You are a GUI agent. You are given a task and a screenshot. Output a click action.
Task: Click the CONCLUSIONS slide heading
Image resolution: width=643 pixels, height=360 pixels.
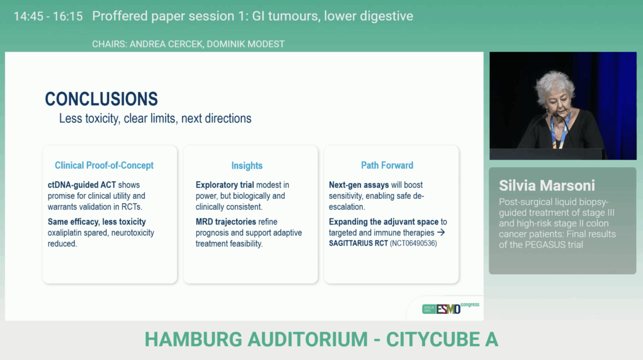101,99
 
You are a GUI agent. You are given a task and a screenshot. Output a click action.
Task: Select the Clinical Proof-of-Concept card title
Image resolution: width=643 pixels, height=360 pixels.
104,165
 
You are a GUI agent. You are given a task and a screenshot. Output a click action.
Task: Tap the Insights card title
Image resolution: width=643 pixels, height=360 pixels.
247,165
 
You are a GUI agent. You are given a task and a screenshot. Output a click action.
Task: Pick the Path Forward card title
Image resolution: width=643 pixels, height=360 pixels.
387,165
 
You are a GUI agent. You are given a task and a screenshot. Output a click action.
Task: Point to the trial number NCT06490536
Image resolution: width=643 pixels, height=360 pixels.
414,244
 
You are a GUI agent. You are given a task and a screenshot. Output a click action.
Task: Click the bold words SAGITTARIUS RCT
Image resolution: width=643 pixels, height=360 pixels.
358,244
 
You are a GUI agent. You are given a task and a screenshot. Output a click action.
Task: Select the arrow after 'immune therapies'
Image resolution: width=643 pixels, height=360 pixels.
441,233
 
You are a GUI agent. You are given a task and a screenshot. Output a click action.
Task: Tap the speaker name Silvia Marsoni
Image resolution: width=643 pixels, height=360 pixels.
547,185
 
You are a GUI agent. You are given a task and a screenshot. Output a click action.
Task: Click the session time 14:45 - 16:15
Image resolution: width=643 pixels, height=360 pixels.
48,16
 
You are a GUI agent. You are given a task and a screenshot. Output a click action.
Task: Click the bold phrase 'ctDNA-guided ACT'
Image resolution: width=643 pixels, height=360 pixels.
82,185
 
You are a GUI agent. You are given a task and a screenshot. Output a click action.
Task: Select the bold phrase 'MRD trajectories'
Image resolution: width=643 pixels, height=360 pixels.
225,221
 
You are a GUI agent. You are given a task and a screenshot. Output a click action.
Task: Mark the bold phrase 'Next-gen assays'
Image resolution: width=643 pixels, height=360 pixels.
359,185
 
